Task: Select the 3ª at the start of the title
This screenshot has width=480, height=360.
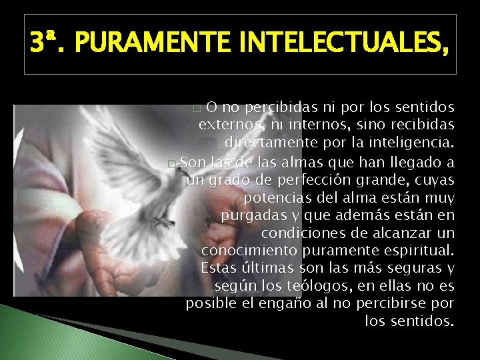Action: point(46,45)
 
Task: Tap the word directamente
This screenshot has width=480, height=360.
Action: point(268,143)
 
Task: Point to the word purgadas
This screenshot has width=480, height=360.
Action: point(251,215)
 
